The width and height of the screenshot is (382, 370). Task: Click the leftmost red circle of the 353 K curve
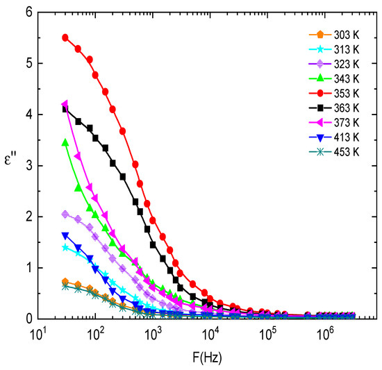pyautogui.click(x=65, y=37)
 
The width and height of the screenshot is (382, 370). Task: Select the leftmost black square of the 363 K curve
pyautogui.click(x=65, y=109)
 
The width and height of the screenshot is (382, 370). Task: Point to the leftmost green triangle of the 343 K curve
pyautogui.click(x=65, y=142)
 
